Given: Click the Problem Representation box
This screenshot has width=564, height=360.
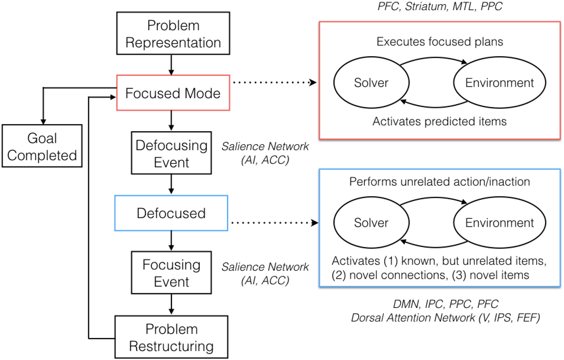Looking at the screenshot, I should [x=173, y=33].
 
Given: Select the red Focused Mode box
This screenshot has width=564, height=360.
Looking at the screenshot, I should [x=173, y=93].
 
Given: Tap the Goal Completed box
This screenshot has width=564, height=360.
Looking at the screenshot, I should [x=42, y=146].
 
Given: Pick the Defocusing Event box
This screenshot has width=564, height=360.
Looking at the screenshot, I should [x=171, y=153].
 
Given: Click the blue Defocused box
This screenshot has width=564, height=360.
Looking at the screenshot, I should [x=171, y=213].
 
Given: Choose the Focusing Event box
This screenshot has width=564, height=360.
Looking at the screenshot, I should [x=171, y=273].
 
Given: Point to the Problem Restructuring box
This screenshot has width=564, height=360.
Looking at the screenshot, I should [x=171, y=337].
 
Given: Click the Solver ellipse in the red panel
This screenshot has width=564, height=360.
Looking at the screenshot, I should [x=371, y=83].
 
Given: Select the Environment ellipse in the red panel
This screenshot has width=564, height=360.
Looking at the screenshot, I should [x=499, y=83].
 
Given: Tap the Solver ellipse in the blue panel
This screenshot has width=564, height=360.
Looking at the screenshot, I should [x=371, y=223].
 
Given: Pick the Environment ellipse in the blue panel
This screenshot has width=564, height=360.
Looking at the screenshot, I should [x=499, y=223].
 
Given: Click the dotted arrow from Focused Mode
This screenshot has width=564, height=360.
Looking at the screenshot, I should [x=274, y=83].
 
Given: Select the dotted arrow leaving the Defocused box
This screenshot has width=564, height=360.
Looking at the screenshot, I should [x=274, y=223].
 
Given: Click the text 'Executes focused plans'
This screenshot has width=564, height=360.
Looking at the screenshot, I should [x=440, y=42].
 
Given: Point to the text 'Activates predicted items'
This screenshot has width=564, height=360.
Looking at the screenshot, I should [x=440, y=121].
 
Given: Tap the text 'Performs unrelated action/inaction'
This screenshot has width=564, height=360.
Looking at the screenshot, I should [x=440, y=182].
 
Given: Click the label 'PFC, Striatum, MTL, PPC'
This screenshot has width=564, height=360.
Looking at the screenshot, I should [x=440, y=6].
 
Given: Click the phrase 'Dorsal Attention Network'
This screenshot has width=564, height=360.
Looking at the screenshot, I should [x=413, y=318].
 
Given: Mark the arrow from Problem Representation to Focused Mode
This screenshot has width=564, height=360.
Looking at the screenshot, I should [x=171, y=65].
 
